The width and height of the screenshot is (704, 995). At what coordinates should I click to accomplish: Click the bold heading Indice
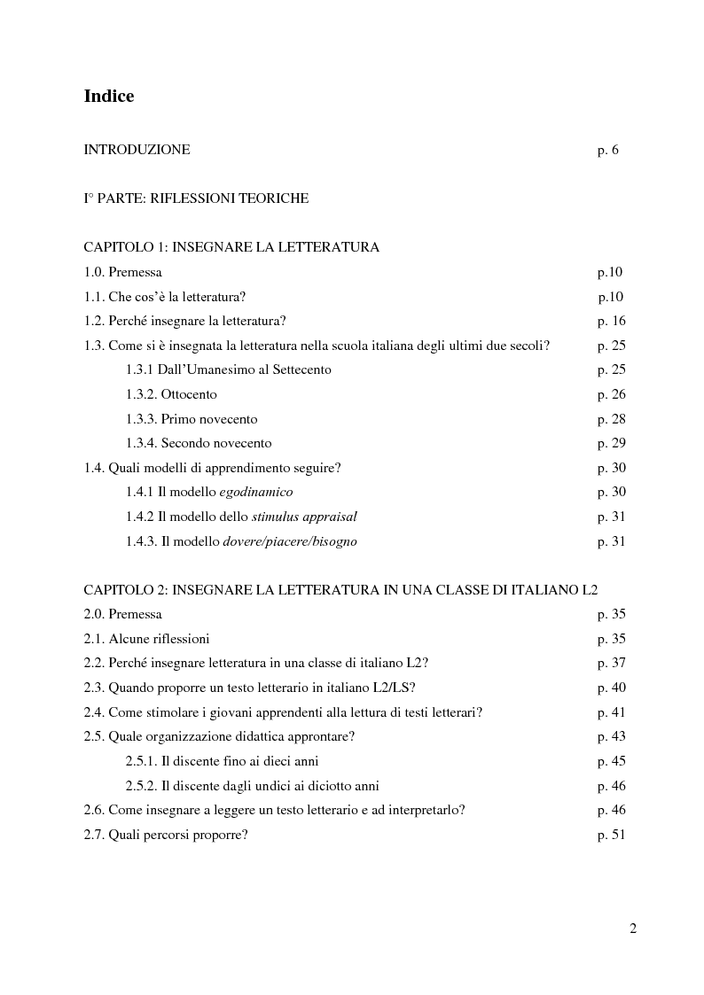[x=108, y=97]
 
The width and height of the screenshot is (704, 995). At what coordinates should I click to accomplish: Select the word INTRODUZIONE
[x=137, y=150]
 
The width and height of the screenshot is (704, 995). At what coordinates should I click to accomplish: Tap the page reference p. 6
[x=608, y=150]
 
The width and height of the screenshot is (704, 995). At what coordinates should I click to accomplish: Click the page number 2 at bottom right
[x=633, y=929]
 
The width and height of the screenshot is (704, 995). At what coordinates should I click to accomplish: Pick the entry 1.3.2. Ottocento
[x=171, y=394]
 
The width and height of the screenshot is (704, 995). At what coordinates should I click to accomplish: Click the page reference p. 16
[x=612, y=321]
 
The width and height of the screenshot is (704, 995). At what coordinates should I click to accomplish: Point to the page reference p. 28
[x=612, y=419]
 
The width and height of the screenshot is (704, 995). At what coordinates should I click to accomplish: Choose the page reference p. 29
[x=612, y=443]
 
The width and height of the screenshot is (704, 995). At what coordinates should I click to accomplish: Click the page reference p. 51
[x=612, y=834]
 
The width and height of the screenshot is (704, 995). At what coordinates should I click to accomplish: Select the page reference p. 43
[x=612, y=736]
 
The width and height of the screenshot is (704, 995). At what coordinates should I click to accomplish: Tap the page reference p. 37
[x=612, y=663]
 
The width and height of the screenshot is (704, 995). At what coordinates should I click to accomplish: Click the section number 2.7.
[x=94, y=834]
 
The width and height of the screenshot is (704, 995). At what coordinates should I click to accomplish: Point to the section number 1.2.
[x=94, y=321]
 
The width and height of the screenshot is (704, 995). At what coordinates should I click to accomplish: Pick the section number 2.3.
[x=94, y=688]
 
